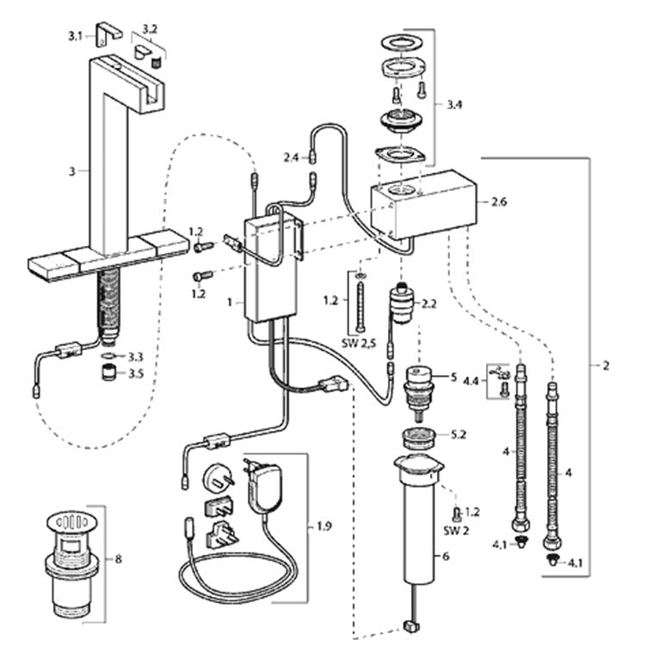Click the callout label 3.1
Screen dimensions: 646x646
pyautogui.click(x=75, y=36)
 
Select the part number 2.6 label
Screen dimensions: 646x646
pyautogui.click(x=499, y=202)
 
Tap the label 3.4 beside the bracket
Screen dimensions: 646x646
pyautogui.click(x=454, y=104)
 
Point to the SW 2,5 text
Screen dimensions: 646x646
pyautogui.click(x=359, y=342)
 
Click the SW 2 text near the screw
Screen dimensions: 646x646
pyautogui.click(x=456, y=531)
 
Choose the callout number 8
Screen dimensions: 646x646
pyautogui.click(x=118, y=559)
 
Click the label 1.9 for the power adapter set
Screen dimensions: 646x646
pyautogui.click(x=323, y=526)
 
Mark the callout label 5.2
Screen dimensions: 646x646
pyautogui.click(x=458, y=434)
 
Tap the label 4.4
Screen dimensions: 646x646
pyautogui.click(x=471, y=381)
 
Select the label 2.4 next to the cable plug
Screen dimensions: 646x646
pyautogui.click(x=291, y=157)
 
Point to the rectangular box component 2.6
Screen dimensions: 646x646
pyautogui.click(x=424, y=205)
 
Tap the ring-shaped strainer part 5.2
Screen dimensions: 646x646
pyautogui.click(x=419, y=439)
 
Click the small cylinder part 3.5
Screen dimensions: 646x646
pyautogui.click(x=108, y=372)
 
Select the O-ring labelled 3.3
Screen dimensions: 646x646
pyautogui.click(x=108, y=355)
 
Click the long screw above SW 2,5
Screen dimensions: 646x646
pyautogui.click(x=360, y=304)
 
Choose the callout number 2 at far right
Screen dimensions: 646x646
pyautogui.click(x=606, y=366)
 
